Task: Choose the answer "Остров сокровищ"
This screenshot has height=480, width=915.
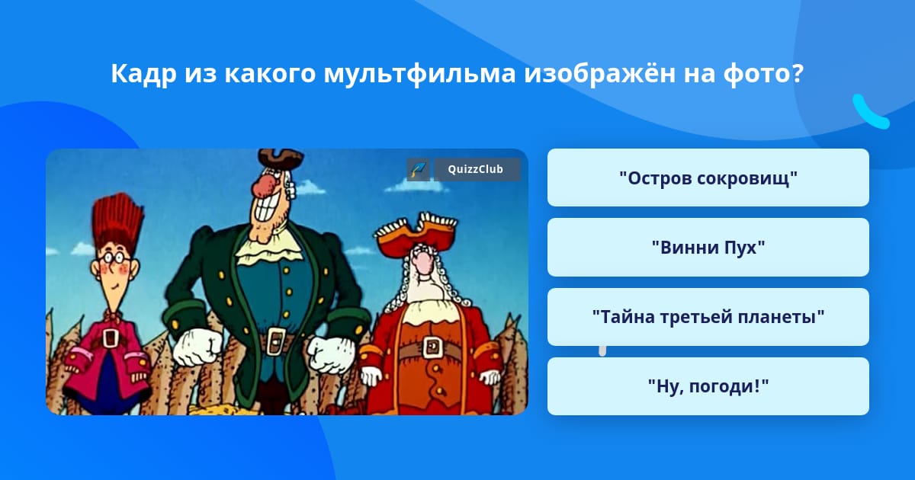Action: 708,178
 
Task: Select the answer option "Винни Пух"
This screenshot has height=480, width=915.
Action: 708,248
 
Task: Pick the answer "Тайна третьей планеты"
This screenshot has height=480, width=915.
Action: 708,317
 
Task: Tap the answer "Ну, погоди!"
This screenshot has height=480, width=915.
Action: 708,386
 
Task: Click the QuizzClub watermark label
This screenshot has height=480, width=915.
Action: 477,169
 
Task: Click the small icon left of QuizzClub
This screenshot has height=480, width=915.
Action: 418,169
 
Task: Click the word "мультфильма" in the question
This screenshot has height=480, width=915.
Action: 419,75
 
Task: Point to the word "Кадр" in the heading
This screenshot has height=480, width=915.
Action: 144,75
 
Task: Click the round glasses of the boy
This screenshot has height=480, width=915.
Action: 115,258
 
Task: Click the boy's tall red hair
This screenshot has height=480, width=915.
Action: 118,222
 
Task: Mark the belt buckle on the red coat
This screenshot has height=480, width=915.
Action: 432,347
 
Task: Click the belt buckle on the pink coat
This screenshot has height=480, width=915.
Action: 111,338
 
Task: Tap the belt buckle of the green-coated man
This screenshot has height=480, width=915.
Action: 276,340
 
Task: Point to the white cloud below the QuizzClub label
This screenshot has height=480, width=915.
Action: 413,187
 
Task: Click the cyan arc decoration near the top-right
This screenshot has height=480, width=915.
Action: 869,113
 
